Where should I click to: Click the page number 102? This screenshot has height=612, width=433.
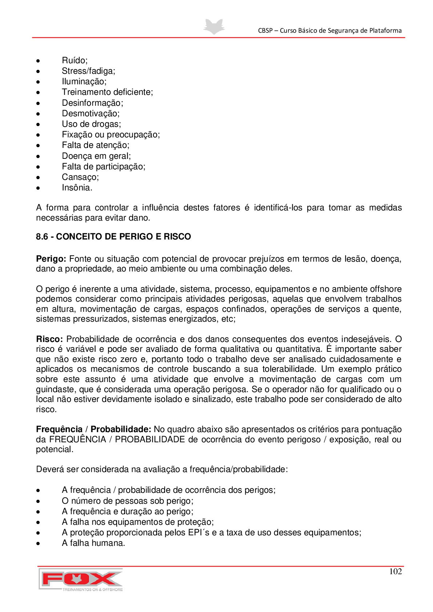click(395, 571)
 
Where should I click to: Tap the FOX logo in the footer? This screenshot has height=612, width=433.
click(81, 579)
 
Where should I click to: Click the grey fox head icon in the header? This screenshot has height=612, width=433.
click(214, 27)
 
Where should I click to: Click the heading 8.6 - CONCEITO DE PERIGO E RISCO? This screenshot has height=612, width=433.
click(113, 237)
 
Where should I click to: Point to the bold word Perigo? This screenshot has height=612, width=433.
click(51, 259)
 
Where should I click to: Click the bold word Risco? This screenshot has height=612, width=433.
click(49, 339)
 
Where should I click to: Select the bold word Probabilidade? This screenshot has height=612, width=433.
click(121, 429)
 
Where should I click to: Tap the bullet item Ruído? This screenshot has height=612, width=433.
click(75, 60)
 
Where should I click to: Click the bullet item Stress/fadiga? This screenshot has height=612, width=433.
click(88, 71)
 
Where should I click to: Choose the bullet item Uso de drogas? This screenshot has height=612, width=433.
click(91, 124)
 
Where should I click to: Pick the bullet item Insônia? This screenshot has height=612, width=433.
click(77, 188)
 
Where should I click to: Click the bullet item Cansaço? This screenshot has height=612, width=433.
click(80, 177)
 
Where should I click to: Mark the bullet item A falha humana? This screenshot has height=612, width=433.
click(93, 543)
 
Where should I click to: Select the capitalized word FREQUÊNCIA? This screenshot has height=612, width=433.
click(77, 439)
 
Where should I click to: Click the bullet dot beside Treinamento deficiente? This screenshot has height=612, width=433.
click(38, 93)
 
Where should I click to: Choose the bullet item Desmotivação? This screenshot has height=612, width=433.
click(91, 113)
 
